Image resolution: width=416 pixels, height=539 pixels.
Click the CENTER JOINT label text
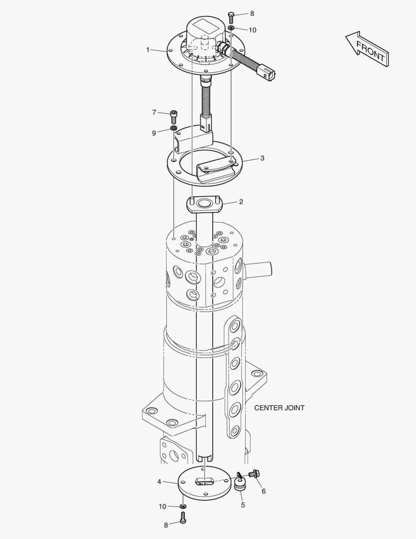(x=279, y=408)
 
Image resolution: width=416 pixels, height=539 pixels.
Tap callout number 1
(x=148, y=49)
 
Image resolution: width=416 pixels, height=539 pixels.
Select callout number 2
(x=241, y=202)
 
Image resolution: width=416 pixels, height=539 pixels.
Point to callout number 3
(x=262, y=158)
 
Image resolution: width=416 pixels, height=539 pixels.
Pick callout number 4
(x=159, y=482)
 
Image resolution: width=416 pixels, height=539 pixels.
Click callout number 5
(x=243, y=505)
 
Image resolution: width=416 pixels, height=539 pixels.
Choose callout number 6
(x=264, y=491)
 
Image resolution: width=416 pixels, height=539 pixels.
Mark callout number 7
(x=154, y=112)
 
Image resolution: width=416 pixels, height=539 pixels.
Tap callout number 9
(x=154, y=133)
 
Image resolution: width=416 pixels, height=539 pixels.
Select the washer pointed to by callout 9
(x=174, y=129)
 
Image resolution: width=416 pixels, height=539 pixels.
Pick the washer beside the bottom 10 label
(x=183, y=507)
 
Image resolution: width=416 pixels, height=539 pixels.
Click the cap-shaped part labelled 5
(x=240, y=485)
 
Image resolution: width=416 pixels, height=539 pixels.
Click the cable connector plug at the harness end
(x=268, y=72)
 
